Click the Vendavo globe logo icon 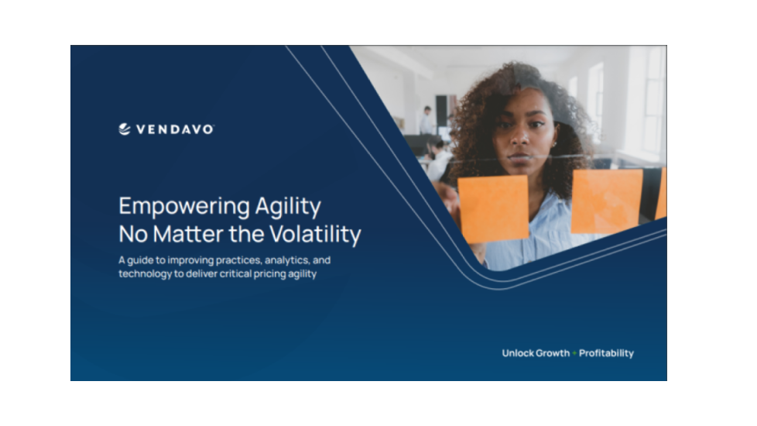click(x=125, y=129)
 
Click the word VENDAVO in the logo click(x=175, y=129)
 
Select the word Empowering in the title click(x=184, y=207)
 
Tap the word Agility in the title click(x=288, y=207)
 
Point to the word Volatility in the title click(x=315, y=234)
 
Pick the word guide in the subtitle click(x=140, y=260)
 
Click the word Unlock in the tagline click(x=517, y=353)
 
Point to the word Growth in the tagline click(x=552, y=353)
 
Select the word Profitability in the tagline click(x=606, y=353)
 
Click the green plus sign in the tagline click(x=574, y=353)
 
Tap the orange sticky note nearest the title click(x=493, y=208)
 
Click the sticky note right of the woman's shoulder click(x=606, y=201)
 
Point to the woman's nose click(x=519, y=138)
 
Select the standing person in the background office click(x=426, y=120)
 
